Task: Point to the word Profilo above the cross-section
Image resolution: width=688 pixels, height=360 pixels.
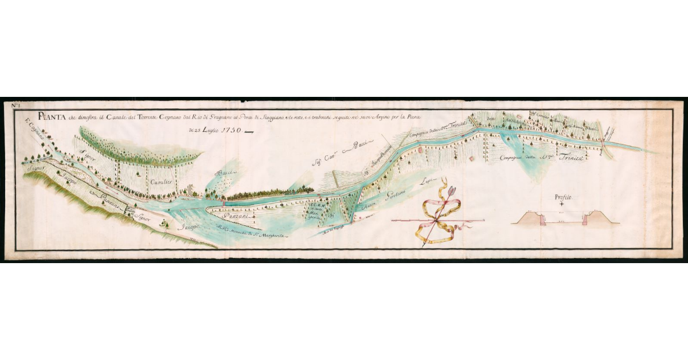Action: click(x=564, y=197)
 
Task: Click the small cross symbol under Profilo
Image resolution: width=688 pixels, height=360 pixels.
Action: click(x=564, y=204)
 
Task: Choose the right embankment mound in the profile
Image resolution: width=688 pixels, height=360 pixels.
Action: click(x=597, y=218)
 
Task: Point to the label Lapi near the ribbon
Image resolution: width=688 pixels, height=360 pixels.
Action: click(x=425, y=181)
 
